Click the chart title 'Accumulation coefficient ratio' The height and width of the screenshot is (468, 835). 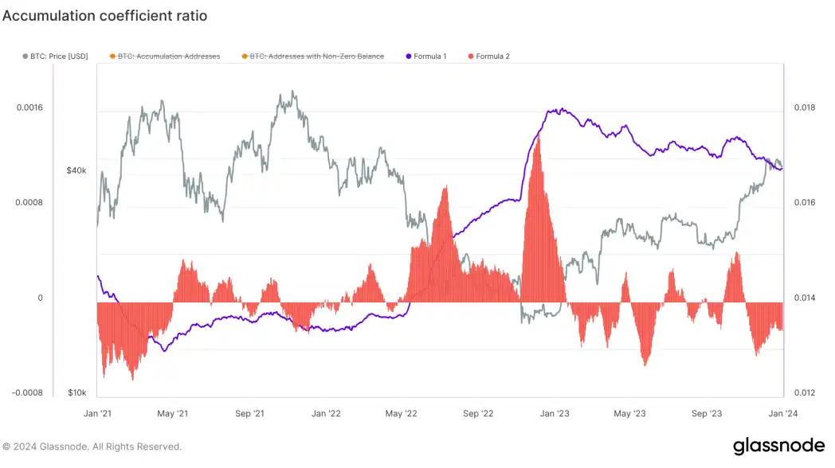pos(104,15)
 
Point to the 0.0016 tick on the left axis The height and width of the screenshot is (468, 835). pos(29,107)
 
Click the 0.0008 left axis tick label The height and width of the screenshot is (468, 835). pos(29,202)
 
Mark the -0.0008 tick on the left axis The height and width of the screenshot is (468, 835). pos(28,392)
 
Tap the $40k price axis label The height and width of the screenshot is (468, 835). pos(76,170)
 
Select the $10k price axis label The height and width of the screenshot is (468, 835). pos(76,392)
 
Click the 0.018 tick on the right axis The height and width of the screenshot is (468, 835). pos(800,107)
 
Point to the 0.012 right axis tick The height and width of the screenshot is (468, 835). pos(800,392)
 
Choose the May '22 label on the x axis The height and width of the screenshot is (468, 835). pos(401,414)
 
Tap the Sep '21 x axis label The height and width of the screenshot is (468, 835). pos(249,414)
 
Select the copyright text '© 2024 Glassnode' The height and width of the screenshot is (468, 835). pos(92,447)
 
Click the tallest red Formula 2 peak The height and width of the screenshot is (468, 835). pos(539,139)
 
